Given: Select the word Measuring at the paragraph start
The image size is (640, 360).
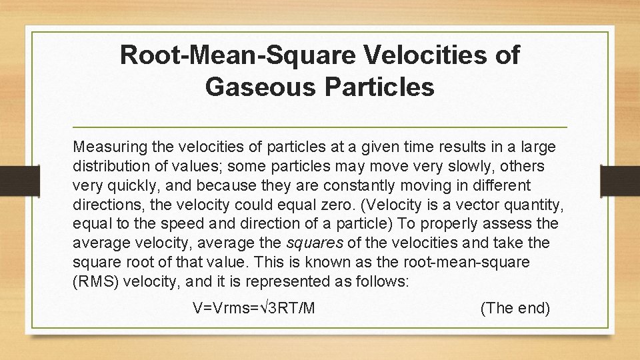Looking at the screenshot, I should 106,146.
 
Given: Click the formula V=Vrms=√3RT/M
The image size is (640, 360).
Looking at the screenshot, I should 254,308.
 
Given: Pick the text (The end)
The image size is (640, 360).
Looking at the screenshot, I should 515,308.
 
